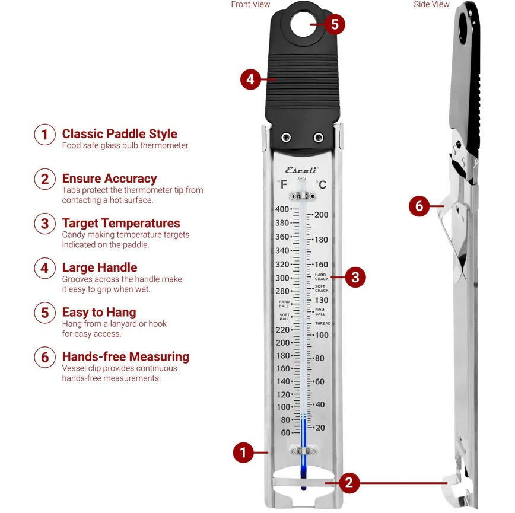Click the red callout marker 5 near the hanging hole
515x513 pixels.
(x=335, y=24)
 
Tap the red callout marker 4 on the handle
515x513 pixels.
(x=250, y=79)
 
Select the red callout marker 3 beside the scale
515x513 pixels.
(x=355, y=276)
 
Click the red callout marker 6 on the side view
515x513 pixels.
(x=419, y=206)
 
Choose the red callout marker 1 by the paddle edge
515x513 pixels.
(x=243, y=453)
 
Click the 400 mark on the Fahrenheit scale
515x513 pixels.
(x=282, y=209)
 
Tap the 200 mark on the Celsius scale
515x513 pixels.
(x=321, y=215)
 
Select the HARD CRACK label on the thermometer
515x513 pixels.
(x=321, y=276)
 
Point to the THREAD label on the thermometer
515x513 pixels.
(x=323, y=323)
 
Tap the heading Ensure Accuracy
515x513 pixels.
(x=109, y=179)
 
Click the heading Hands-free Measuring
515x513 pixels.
(x=125, y=357)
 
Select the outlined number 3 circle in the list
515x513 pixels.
(x=44, y=224)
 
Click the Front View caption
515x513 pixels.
(x=250, y=5)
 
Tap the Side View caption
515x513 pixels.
(x=431, y=5)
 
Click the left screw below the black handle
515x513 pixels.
(x=287, y=138)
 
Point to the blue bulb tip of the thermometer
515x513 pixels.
(x=304, y=485)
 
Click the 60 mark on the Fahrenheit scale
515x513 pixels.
(x=285, y=433)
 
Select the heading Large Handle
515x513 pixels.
(x=99, y=268)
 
